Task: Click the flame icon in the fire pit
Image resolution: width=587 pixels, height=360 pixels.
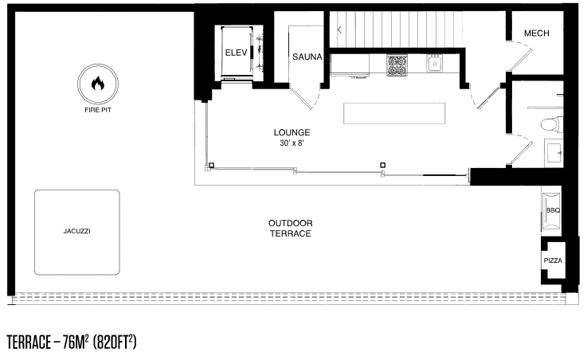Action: click(98, 84)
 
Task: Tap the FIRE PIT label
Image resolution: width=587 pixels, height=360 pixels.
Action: click(98, 110)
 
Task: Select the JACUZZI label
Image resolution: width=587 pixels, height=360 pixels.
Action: click(76, 231)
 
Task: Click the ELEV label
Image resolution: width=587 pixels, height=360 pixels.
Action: click(236, 53)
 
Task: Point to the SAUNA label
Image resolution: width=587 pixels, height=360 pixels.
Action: click(307, 57)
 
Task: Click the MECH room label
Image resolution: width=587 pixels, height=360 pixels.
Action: click(537, 33)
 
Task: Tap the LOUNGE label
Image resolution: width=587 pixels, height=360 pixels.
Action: click(292, 132)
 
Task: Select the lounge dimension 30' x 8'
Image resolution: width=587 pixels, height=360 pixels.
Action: click(292, 143)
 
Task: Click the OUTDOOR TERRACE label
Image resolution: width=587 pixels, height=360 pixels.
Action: click(290, 229)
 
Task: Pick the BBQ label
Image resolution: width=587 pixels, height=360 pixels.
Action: click(553, 210)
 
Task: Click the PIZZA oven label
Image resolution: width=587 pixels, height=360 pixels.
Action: click(553, 260)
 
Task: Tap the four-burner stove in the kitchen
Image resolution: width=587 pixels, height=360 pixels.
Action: click(397, 65)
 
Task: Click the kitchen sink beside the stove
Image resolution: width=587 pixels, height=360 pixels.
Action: click(435, 64)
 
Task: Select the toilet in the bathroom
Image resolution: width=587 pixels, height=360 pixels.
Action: click(552, 124)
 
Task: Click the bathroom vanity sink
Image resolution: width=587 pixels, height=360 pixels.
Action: click(554, 153)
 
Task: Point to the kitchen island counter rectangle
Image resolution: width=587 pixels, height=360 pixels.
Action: click(394, 113)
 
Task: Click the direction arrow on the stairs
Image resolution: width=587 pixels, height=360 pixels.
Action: click(339, 29)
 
